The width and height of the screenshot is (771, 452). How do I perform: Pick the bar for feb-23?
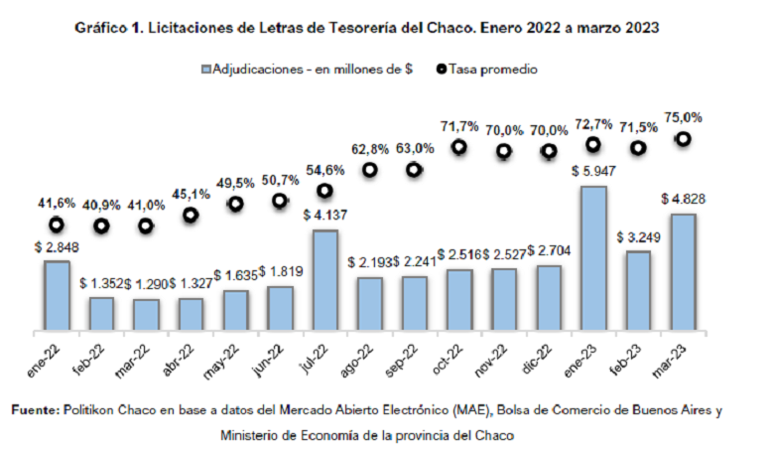click(x=638, y=291)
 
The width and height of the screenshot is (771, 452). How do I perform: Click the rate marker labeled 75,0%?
click(x=683, y=140)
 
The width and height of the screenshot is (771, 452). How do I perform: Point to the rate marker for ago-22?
click(x=370, y=170)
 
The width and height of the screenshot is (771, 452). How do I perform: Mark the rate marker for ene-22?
click(x=57, y=225)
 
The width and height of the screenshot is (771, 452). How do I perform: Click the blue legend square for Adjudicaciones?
click(x=206, y=71)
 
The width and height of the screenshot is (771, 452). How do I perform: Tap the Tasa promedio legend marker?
click(x=441, y=71)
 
